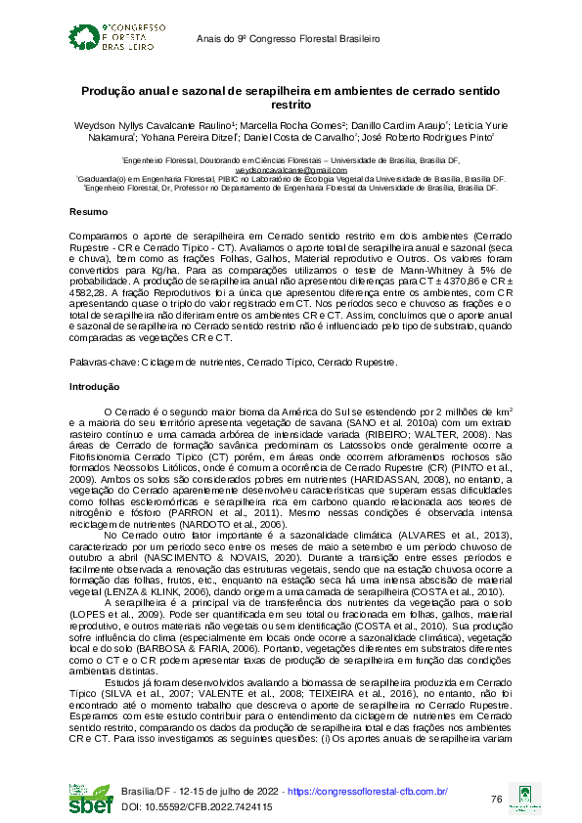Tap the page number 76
[x=496, y=799]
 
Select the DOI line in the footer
[x=197, y=806]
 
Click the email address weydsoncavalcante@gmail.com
[x=291, y=169]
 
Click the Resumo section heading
[x=90, y=212]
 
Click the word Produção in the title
[x=108, y=91]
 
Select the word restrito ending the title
[x=291, y=104]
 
